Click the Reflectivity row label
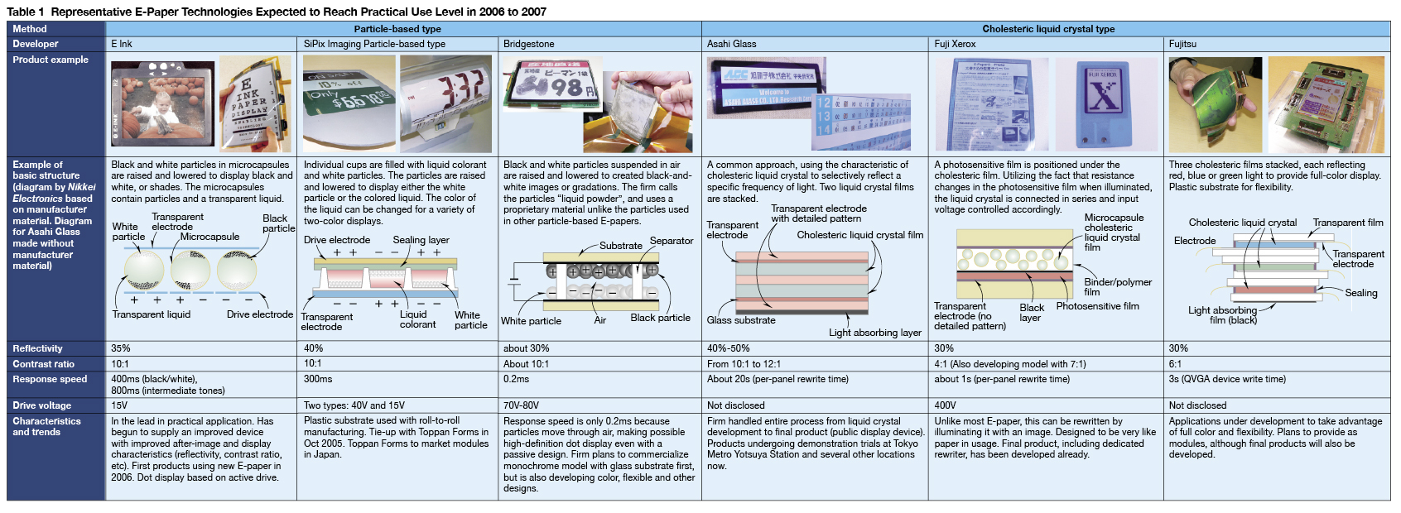(x=37, y=348)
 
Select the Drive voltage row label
(x=41, y=405)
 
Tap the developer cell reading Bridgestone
(x=528, y=44)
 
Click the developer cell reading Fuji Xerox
(x=955, y=44)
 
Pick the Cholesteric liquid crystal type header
(x=1047, y=29)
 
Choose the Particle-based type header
(x=397, y=29)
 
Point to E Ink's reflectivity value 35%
(x=121, y=348)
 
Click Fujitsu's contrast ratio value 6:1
(x=1176, y=364)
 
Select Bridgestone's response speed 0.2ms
(x=516, y=379)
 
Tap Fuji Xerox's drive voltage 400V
(x=945, y=405)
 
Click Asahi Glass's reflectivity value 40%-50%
(x=728, y=348)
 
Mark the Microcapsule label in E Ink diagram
(x=210, y=237)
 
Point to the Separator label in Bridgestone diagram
(x=672, y=241)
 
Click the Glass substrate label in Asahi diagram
(x=741, y=320)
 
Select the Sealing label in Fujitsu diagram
(x=1361, y=293)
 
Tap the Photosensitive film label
(x=1097, y=306)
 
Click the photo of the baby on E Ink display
(x=162, y=103)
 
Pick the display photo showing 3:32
(x=445, y=103)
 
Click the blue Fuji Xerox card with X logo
(x=1105, y=103)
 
